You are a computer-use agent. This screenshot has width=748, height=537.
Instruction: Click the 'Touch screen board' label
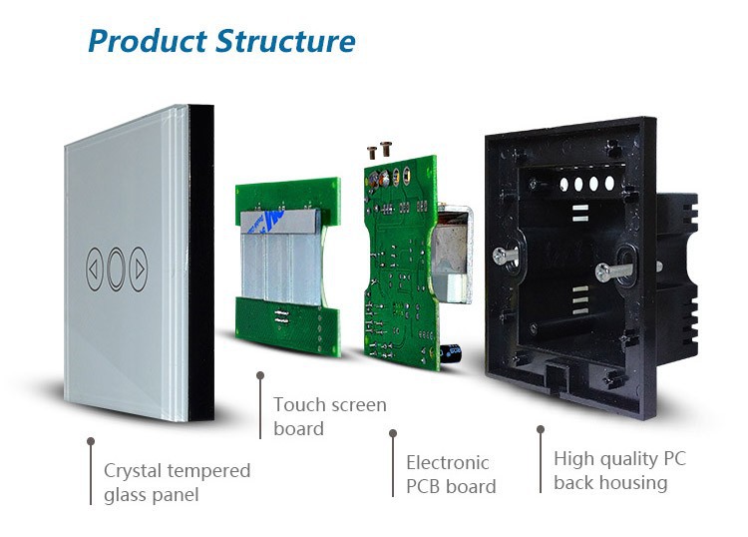coord(329,416)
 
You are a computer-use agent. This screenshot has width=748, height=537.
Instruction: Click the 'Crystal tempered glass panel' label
coord(177,482)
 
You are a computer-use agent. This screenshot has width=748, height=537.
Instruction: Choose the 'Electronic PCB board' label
coord(450,474)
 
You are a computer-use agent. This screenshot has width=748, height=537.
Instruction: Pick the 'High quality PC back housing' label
coord(619,470)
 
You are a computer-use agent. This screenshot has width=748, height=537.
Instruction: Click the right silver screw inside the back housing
coord(610,270)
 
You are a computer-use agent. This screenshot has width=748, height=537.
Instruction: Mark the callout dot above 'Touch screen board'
coord(260,376)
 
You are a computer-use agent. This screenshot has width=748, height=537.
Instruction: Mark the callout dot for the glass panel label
coord(91,439)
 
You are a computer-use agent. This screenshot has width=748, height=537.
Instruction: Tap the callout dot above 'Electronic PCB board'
coord(393,433)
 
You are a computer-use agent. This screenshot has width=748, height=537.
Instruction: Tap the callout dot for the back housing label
coord(541,430)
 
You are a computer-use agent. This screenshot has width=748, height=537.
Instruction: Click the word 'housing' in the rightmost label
coord(633,483)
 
